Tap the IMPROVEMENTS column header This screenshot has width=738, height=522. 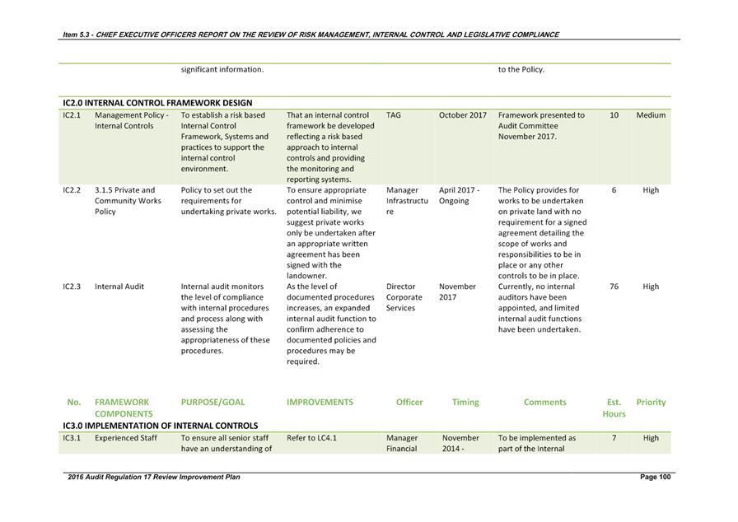(320, 402)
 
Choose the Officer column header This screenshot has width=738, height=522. (409, 402)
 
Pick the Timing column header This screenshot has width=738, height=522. (465, 402)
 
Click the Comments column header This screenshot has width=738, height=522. (544, 402)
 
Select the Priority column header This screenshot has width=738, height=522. (651, 402)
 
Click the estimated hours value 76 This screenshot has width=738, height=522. (614, 287)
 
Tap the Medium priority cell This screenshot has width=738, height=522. (651, 115)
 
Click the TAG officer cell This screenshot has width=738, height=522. (394, 115)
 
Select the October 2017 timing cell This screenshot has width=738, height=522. (463, 115)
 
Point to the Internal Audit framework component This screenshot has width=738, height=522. (119, 287)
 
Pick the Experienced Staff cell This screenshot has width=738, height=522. (126, 438)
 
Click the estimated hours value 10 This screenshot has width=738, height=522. (614, 115)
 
